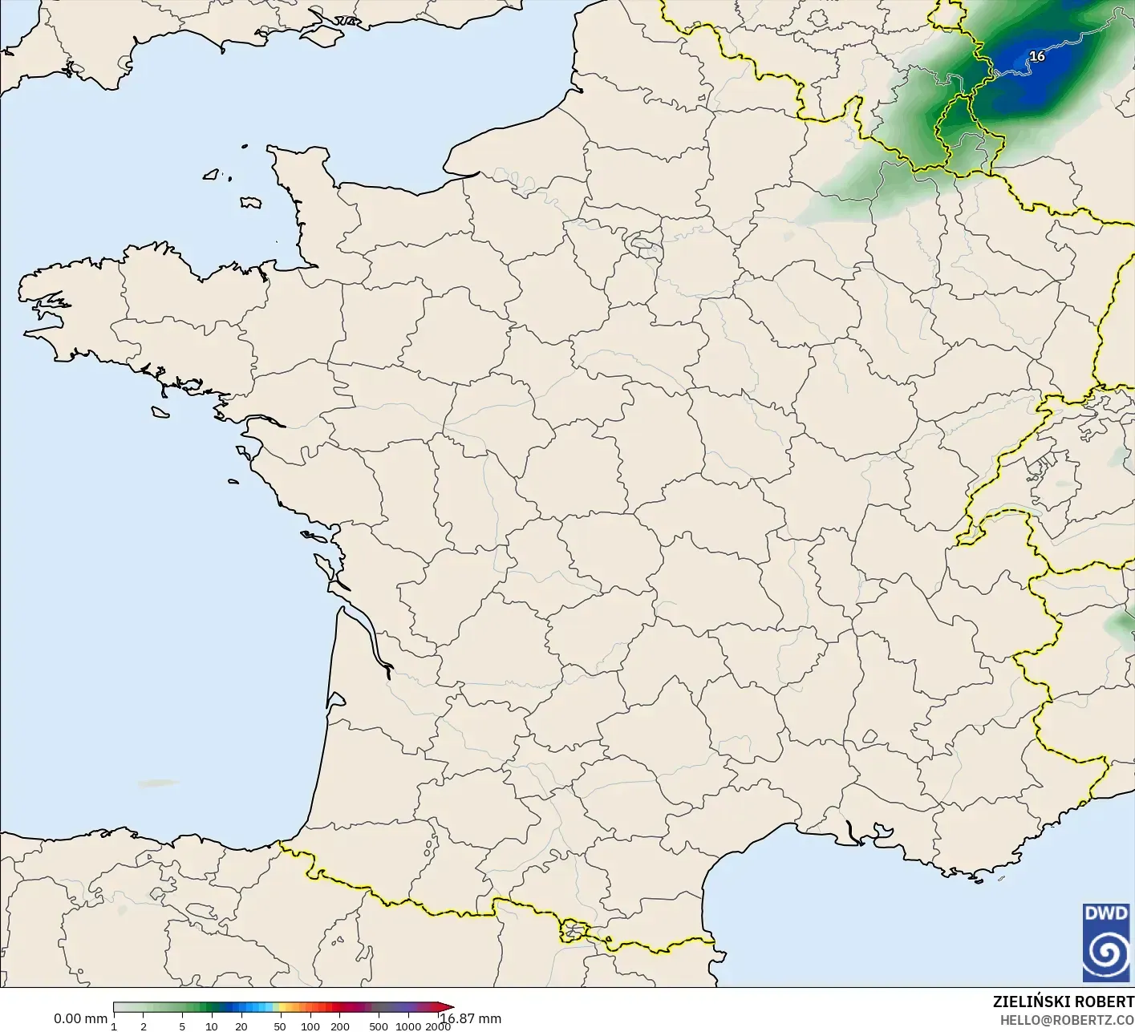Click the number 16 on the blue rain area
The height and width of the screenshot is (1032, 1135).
(1037, 56)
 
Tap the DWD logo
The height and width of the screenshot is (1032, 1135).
(1106, 942)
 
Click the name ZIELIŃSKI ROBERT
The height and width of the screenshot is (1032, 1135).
(1063, 1002)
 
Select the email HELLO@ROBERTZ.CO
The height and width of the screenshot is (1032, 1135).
(1066, 1020)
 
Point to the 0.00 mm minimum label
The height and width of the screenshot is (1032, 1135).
(80, 1018)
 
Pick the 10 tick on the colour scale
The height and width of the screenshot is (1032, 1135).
(212, 1026)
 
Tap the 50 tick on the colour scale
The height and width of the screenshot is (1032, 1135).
(280, 1026)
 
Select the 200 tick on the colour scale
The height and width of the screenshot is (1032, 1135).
(340, 1026)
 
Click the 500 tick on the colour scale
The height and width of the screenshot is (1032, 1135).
(379, 1026)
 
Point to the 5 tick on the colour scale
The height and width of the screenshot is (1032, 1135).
(182, 1026)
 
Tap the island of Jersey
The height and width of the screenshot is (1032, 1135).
(251, 202)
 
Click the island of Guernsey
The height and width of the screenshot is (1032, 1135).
(212, 172)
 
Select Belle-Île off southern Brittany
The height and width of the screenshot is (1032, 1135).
(160, 411)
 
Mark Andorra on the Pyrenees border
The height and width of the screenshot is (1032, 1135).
(575, 931)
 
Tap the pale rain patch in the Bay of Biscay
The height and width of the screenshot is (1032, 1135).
(157, 783)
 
